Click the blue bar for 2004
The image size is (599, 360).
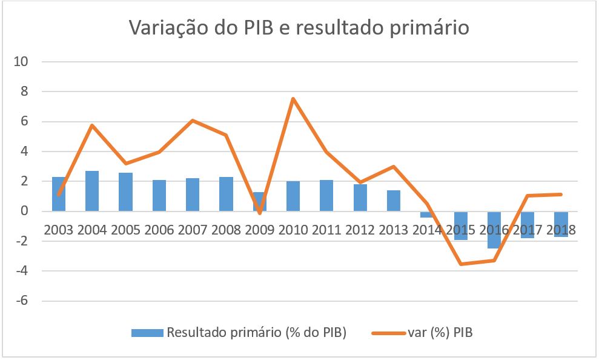click(x=92, y=191)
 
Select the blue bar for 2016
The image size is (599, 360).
click(x=494, y=230)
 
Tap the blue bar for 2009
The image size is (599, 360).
click(x=259, y=201)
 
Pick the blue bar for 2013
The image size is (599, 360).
click(x=393, y=201)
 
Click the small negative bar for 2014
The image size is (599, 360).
click(x=426, y=214)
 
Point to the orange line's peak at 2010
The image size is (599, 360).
click(x=293, y=99)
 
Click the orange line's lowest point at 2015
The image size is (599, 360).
click(x=460, y=264)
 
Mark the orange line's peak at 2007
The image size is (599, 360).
click(x=193, y=121)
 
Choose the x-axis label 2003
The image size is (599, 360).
click(x=59, y=230)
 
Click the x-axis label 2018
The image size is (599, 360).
click(x=560, y=230)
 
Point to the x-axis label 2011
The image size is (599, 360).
click(x=326, y=230)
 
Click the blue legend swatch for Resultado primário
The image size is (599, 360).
click(x=147, y=332)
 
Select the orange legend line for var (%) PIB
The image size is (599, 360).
click(x=388, y=332)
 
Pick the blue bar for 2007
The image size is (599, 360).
click(x=193, y=195)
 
